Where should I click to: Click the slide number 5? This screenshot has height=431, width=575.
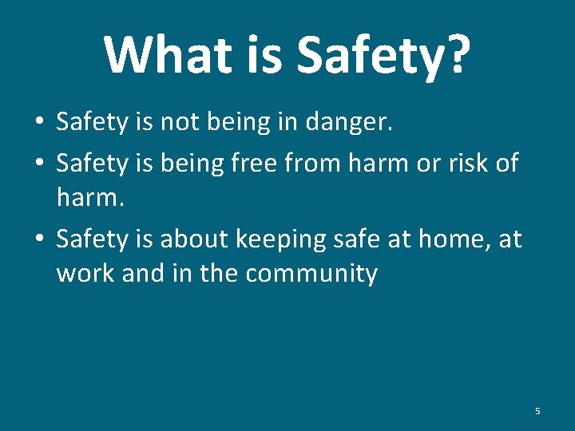(537, 411)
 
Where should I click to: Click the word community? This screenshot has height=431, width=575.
(311, 274)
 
